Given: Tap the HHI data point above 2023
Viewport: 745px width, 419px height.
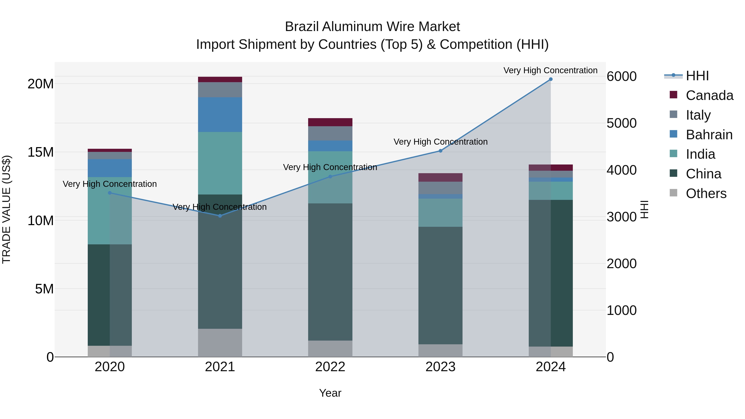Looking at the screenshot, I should pyautogui.click(x=440, y=151).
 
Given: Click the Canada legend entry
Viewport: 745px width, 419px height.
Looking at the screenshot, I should pyautogui.click(x=709, y=95).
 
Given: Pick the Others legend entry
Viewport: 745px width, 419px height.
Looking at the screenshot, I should pyautogui.click(x=706, y=193).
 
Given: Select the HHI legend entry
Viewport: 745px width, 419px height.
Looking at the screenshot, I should pyautogui.click(x=697, y=76).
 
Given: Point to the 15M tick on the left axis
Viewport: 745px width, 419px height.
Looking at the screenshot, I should pyautogui.click(x=41, y=152).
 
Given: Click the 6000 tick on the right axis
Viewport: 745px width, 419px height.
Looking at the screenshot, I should pyautogui.click(x=621, y=76).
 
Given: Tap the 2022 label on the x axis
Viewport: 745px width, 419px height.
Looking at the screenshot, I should pyautogui.click(x=330, y=367).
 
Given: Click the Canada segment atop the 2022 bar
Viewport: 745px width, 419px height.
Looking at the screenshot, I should pyautogui.click(x=330, y=122).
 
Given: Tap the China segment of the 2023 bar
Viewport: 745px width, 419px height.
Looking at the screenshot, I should pyautogui.click(x=440, y=285).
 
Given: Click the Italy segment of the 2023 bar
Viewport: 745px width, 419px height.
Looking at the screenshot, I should pyautogui.click(x=440, y=188).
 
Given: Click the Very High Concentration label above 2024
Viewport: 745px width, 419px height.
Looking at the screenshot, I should pyautogui.click(x=550, y=70).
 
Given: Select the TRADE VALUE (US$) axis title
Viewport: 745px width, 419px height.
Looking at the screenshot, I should pyautogui.click(x=6, y=209).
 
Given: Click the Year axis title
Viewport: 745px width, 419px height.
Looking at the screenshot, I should pyautogui.click(x=330, y=393).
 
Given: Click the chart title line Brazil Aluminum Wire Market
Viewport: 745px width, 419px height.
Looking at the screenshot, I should pyautogui.click(x=372, y=27).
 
